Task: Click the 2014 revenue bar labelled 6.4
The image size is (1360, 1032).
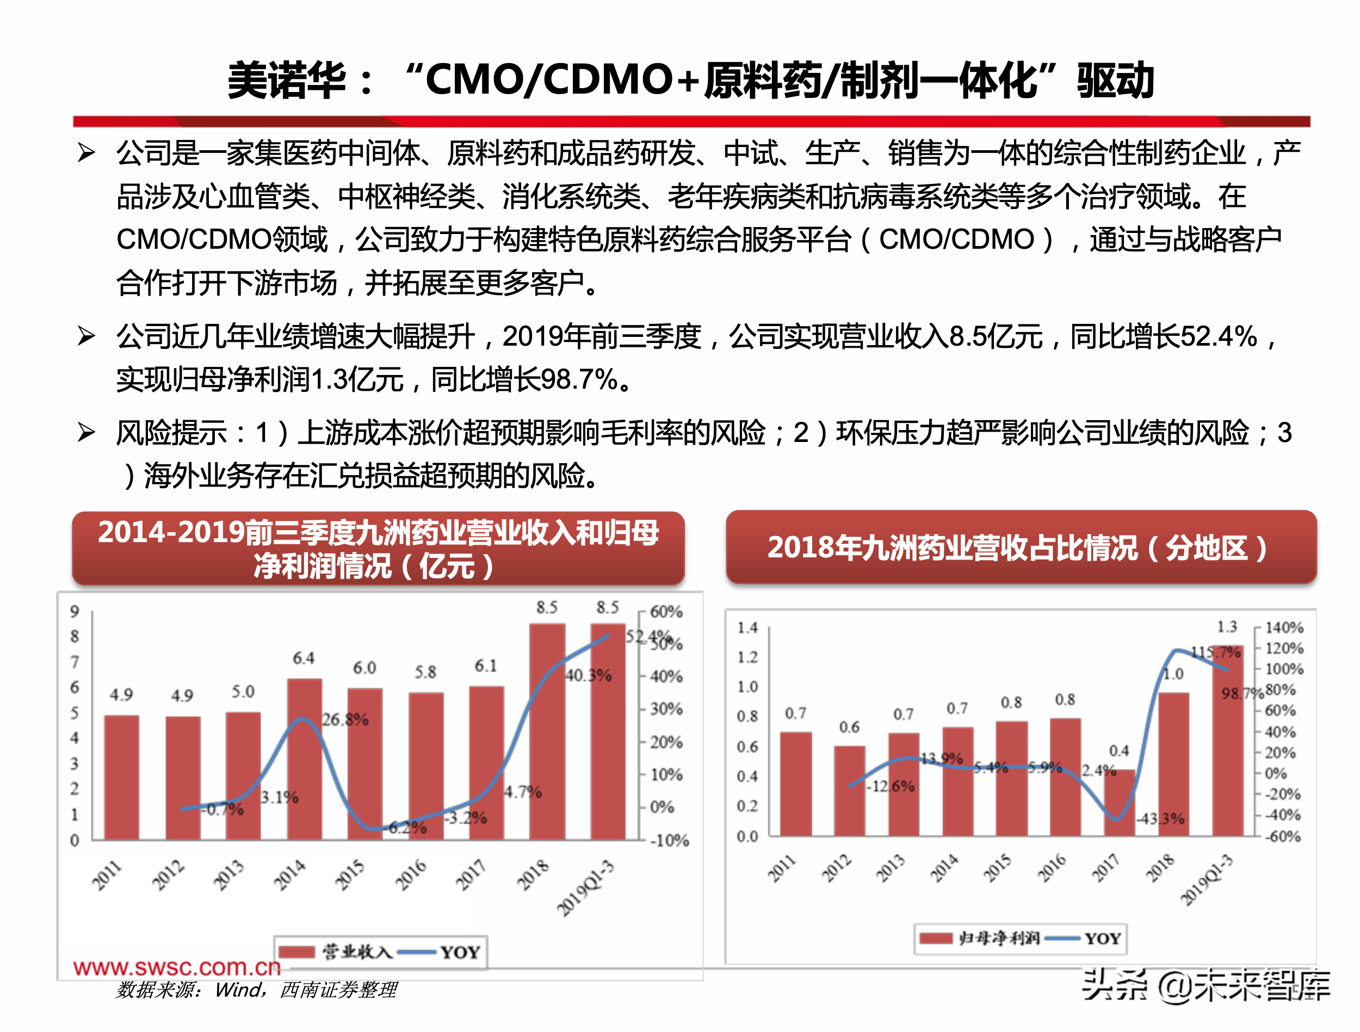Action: coord(304,759)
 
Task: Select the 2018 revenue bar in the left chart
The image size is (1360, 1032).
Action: coord(547,732)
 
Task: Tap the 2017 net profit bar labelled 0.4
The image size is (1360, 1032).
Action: coord(1118,803)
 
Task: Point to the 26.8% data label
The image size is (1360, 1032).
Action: coord(345,720)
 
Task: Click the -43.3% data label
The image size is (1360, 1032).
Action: coord(1160,819)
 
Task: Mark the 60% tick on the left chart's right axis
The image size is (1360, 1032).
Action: coord(666,612)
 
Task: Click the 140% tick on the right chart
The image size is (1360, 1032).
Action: coord(1284,628)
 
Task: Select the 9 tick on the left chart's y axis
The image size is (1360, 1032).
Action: coord(75,611)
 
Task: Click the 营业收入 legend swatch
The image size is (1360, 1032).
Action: coord(296,952)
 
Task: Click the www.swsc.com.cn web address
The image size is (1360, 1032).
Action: coord(176,967)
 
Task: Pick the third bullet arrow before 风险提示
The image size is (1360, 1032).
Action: coord(86,433)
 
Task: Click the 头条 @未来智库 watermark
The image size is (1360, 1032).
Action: coord(1205,985)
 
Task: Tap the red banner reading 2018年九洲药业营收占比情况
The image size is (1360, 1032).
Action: coord(1021,546)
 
